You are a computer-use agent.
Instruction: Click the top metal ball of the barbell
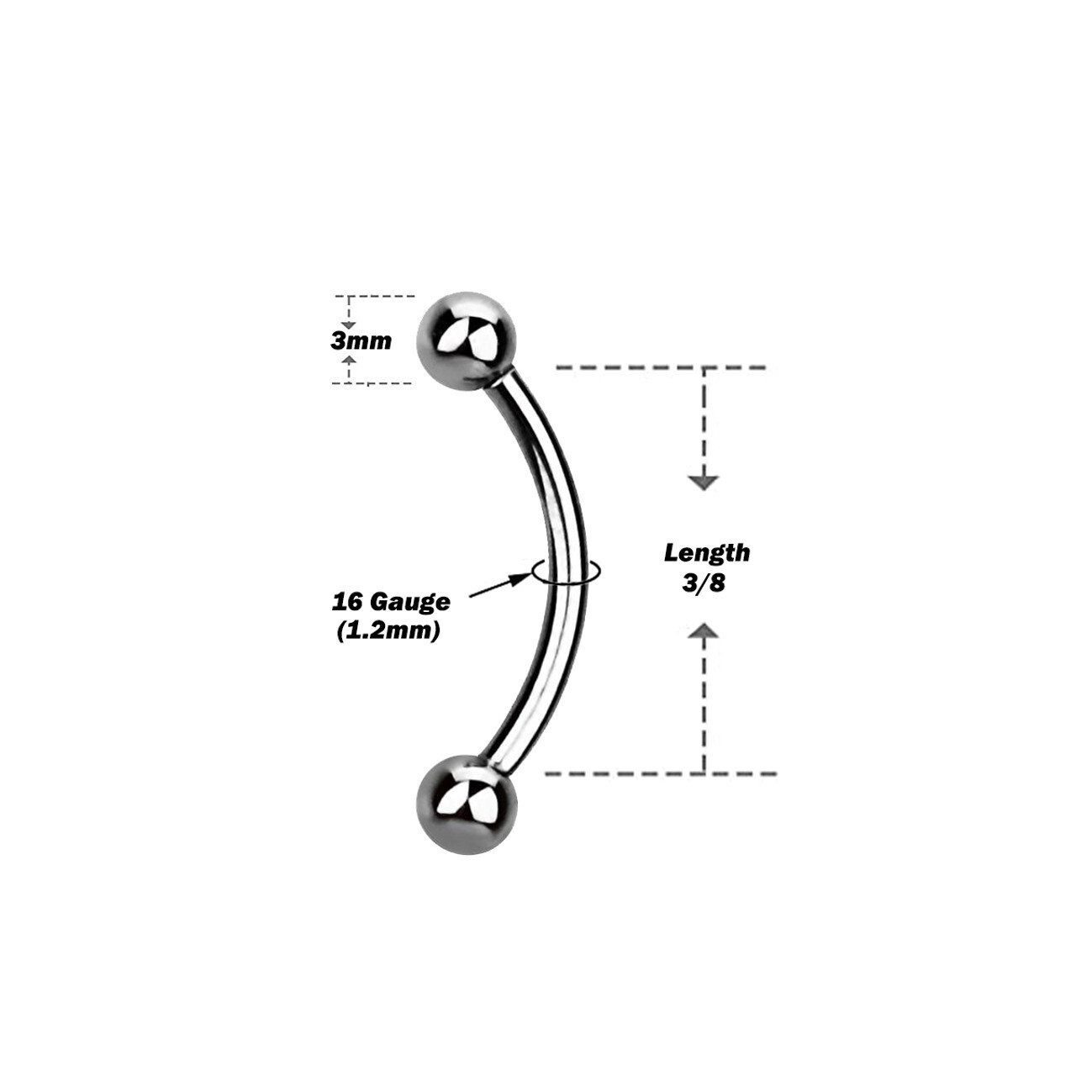pyautogui.click(x=467, y=340)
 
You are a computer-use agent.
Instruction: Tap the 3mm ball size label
pyautogui.click(x=361, y=340)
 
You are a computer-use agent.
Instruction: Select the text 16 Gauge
pyautogui.click(x=391, y=602)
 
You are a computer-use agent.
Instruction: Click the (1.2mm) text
pyautogui.click(x=388, y=631)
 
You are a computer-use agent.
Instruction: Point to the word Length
pyautogui.click(x=707, y=553)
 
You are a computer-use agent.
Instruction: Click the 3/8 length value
pyautogui.click(x=704, y=583)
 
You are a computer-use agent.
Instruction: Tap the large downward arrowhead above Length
pyautogui.click(x=704, y=483)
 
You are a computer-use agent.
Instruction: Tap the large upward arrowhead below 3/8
pyautogui.click(x=704, y=630)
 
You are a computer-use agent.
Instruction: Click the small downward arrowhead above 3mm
pyautogui.click(x=349, y=325)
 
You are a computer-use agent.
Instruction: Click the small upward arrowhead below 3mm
pyautogui.click(x=350, y=358)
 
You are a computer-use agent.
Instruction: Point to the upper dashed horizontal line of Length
pyautogui.click(x=661, y=368)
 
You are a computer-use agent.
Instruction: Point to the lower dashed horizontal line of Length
pyautogui.click(x=661, y=774)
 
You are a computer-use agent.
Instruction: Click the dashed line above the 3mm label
pyautogui.click(x=374, y=296)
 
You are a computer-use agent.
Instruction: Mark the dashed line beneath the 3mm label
pyautogui.click(x=372, y=383)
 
